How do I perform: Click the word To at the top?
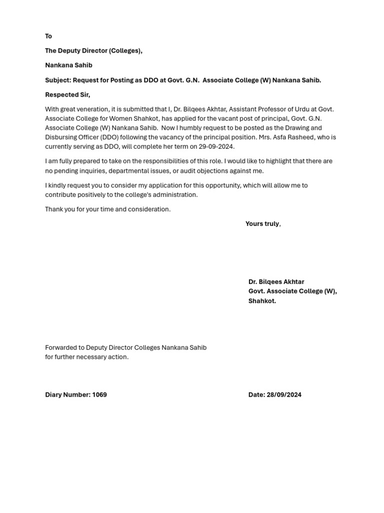48,36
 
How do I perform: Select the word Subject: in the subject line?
58,80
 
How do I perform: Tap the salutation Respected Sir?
67,95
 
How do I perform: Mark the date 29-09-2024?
216,147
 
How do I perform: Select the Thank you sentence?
107,209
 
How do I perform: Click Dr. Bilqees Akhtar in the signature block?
276,282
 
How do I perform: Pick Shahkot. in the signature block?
262,301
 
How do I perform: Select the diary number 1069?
99,395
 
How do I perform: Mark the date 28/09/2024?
284,395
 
